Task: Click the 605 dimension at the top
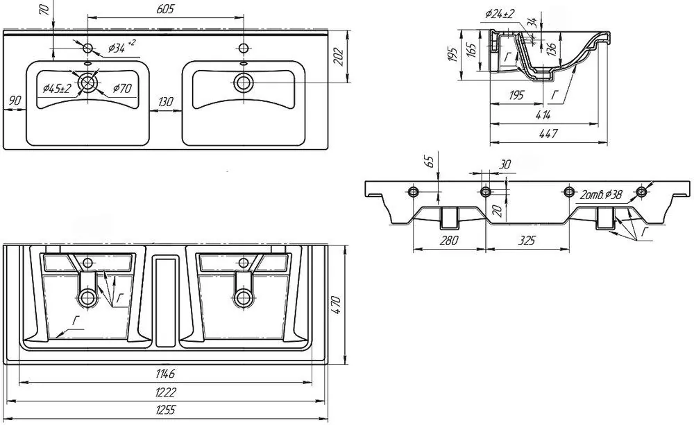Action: [165, 9]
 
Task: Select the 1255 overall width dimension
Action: [165, 410]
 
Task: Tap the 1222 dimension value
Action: [166, 392]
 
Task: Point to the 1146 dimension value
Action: [166, 374]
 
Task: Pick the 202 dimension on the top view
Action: [339, 56]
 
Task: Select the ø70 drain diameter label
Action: [121, 89]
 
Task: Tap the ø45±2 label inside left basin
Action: [57, 89]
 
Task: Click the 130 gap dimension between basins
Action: [165, 102]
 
